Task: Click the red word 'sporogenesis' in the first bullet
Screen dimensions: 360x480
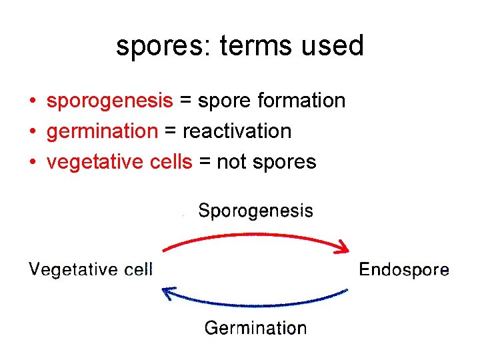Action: click(x=109, y=101)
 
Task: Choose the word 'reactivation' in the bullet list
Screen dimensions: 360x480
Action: click(x=237, y=131)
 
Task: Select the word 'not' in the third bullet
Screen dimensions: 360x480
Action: click(x=232, y=161)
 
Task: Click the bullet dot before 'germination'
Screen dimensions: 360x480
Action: click(x=32, y=132)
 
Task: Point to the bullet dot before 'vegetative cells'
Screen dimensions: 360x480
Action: click(x=32, y=163)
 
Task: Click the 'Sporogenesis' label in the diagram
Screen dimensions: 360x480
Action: click(x=256, y=211)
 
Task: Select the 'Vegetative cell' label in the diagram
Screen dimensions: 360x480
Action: click(x=91, y=270)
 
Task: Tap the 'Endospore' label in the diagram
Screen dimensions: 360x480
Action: click(x=404, y=270)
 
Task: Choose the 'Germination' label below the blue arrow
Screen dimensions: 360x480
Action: click(x=255, y=328)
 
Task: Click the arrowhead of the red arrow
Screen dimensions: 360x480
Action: click(x=343, y=249)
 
